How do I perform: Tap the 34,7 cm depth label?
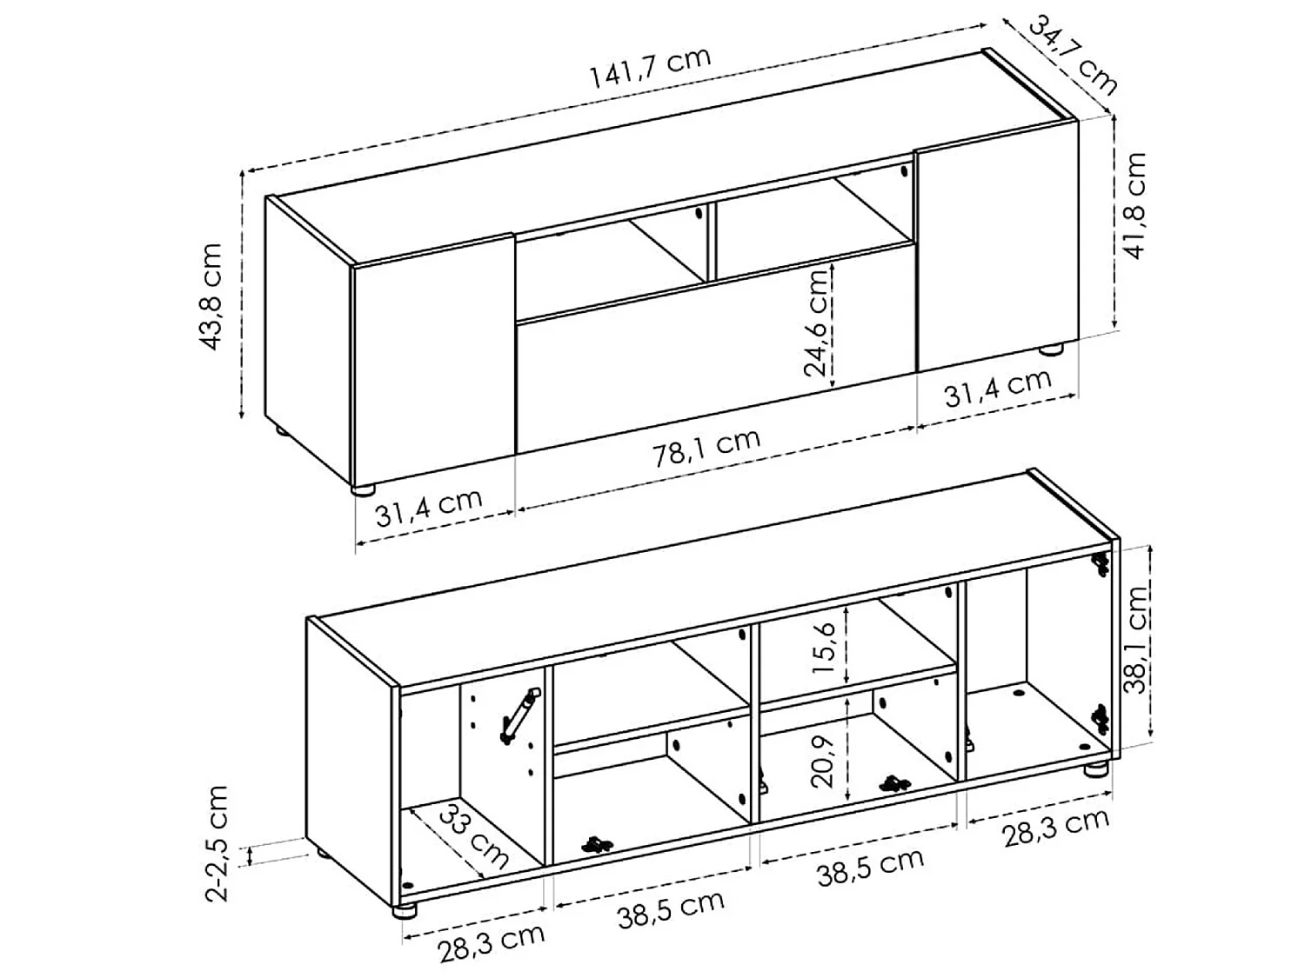tap(1073, 54)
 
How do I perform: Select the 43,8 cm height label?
tap(211, 296)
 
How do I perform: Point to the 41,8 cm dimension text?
tap(1134, 205)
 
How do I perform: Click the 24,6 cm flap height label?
tap(817, 322)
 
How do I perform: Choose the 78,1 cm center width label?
tap(707, 449)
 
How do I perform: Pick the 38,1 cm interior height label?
tap(1134, 639)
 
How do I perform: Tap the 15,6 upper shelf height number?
tap(826, 647)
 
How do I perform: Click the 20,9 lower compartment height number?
tap(822, 759)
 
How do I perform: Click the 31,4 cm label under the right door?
tap(998, 388)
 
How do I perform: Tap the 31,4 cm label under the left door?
tap(428, 509)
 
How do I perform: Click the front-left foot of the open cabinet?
tap(405, 910)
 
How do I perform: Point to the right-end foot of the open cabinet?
tap(1096, 768)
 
